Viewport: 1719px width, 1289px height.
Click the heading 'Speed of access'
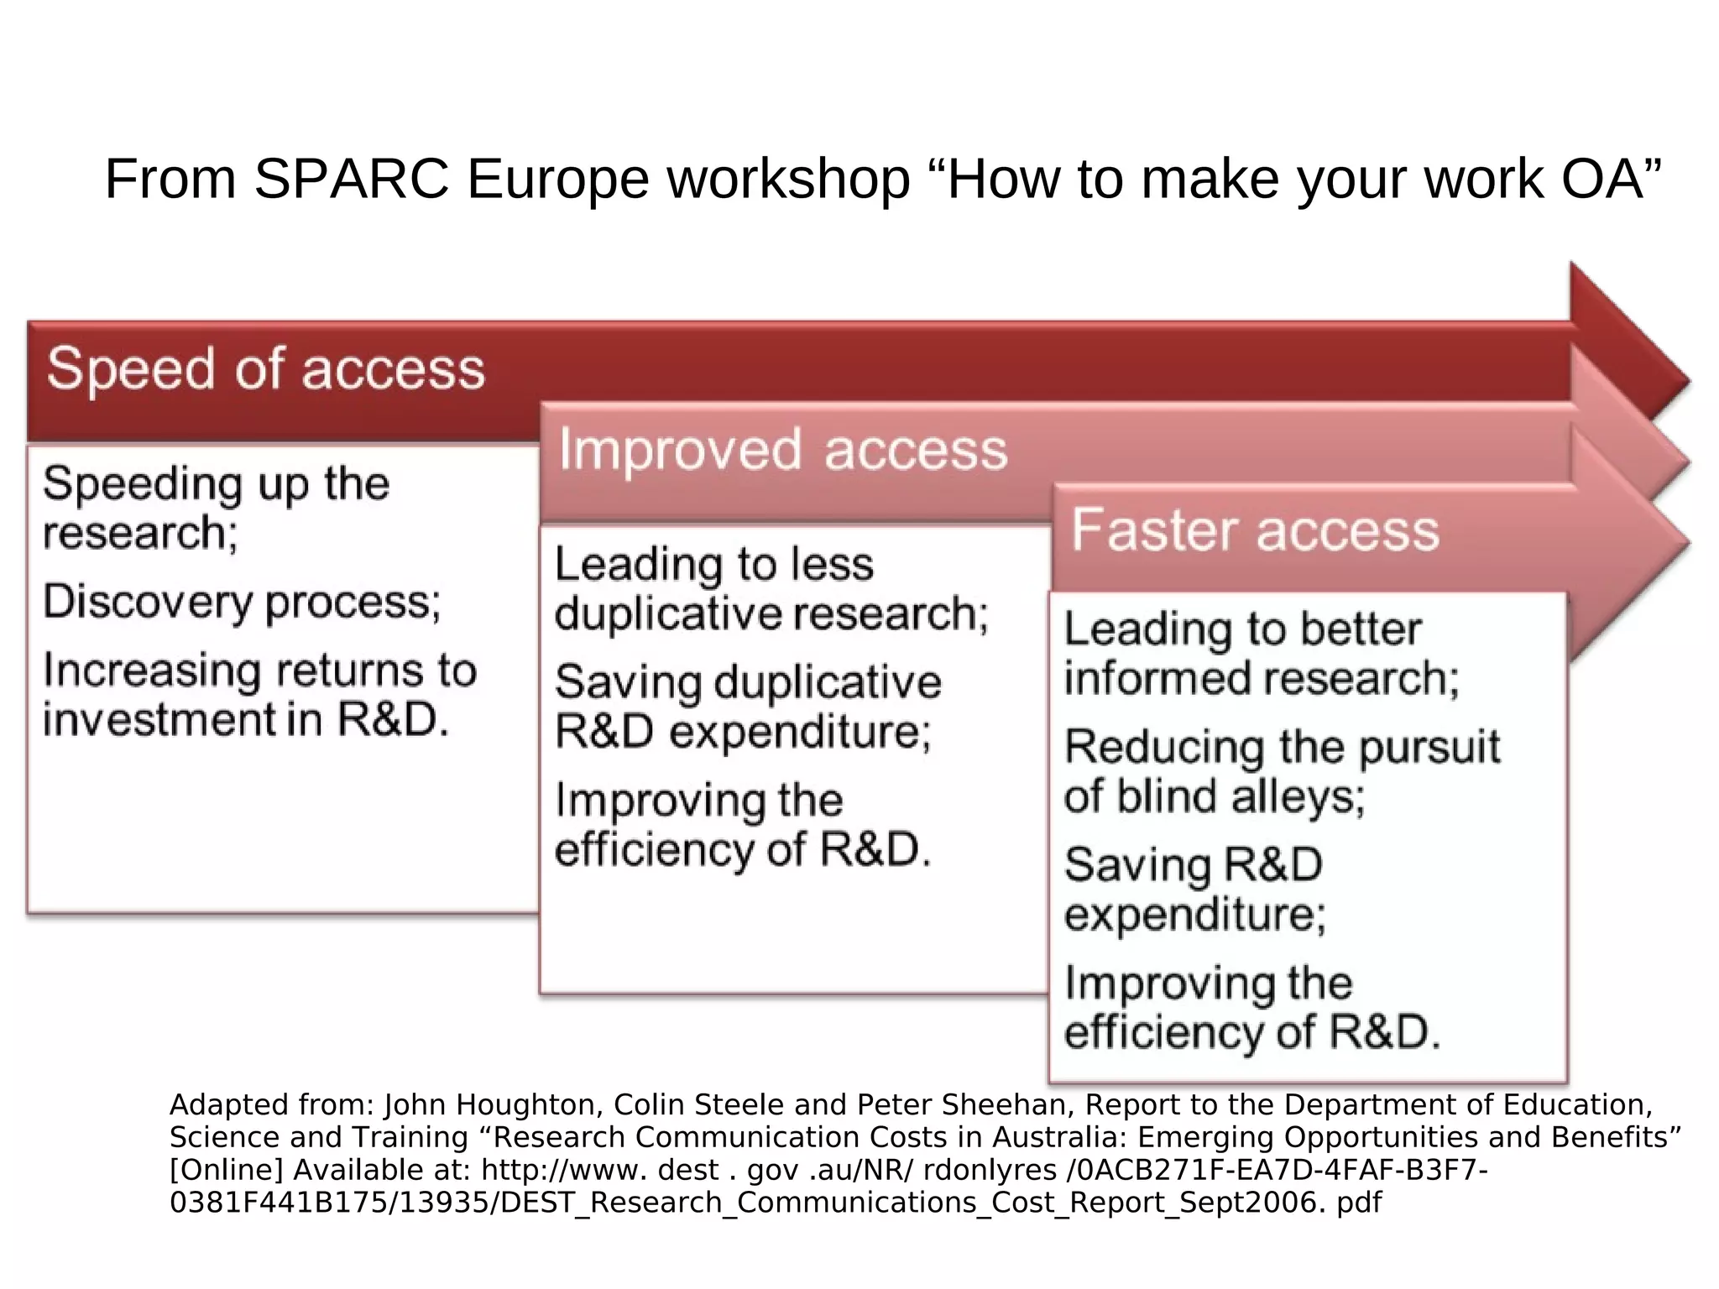coord(265,369)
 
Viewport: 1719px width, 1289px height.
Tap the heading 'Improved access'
coord(782,450)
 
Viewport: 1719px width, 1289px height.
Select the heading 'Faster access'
coord(1255,530)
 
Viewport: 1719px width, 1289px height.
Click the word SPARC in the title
coord(351,179)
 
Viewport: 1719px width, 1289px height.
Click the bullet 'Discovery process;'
coord(242,602)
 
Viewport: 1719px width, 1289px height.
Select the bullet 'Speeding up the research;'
coord(216,508)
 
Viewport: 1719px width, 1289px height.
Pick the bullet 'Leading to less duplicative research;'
coord(771,588)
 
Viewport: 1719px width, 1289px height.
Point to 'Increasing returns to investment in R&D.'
coord(259,695)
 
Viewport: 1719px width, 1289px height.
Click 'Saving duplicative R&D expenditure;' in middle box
coord(747,707)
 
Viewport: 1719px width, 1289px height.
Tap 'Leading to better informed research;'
coord(1261,654)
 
